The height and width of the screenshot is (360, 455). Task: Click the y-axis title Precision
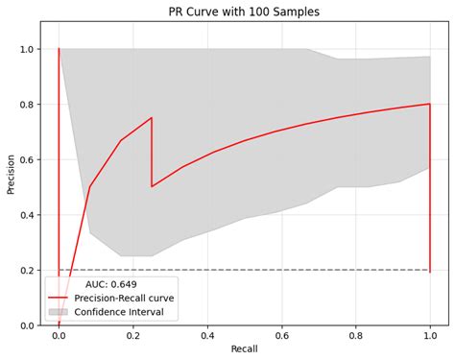click(12, 173)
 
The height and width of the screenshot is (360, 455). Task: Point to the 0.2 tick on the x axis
click(132, 336)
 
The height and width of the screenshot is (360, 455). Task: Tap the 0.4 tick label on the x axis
click(207, 336)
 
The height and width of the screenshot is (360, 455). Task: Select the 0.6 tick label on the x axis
click(281, 336)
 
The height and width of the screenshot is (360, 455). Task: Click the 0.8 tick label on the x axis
click(355, 336)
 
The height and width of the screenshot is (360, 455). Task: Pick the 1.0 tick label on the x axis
click(430, 336)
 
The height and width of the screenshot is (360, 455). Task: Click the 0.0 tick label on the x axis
click(59, 336)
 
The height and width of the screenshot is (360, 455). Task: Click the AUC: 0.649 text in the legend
click(110, 284)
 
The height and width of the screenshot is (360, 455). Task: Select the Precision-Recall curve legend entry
click(132, 298)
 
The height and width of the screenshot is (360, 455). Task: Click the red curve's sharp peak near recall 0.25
click(152, 118)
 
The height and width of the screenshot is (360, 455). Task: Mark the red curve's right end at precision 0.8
click(429, 104)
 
